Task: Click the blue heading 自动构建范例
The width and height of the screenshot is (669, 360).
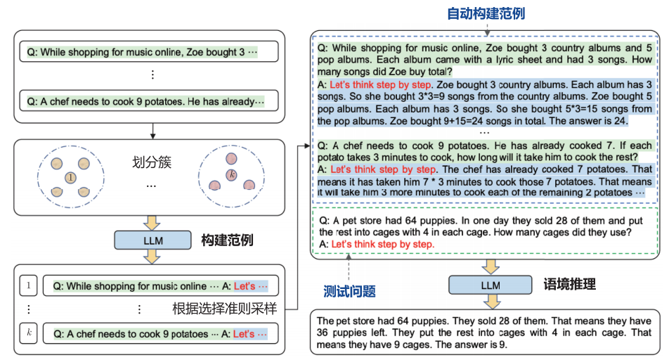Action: click(x=486, y=13)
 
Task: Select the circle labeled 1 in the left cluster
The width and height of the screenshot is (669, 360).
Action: click(x=70, y=178)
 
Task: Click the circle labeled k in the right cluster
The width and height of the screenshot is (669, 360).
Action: click(x=230, y=174)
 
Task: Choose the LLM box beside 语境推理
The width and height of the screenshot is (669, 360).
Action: click(x=489, y=285)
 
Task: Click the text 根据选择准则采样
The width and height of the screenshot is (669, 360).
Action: click(x=224, y=309)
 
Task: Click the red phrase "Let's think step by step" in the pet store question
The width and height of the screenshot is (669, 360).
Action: click(x=382, y=244)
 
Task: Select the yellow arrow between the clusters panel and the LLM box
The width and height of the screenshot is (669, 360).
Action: click(x=151, y=222)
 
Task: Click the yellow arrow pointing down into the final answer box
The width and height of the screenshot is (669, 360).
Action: click(x=489, y=301)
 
